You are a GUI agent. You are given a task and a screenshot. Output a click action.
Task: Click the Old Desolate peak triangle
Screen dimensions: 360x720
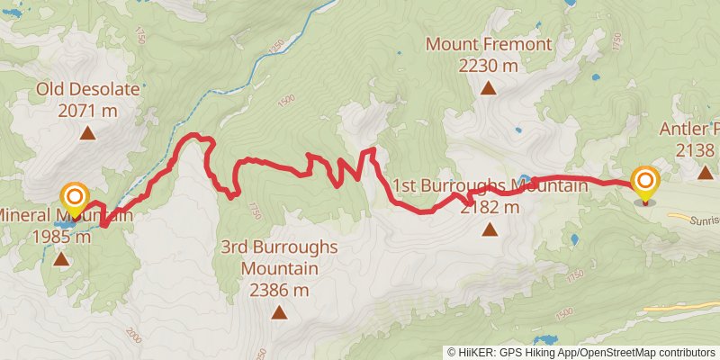click(x=88, y=134)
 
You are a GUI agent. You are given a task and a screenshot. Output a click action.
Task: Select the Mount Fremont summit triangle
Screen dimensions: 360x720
click(x=488, y=87)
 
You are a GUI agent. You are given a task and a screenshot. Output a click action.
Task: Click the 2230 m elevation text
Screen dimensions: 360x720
click(x=488, y=65)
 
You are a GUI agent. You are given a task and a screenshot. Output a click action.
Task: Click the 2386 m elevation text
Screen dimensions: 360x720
click(x=279, y=290)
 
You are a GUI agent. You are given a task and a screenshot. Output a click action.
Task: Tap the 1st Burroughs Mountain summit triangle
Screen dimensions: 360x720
click(x=490, y=229)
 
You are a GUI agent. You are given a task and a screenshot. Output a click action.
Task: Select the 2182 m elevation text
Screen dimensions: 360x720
click(x=490, y=207)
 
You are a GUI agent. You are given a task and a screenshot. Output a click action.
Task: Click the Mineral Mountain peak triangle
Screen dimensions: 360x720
click(x=60, y=259)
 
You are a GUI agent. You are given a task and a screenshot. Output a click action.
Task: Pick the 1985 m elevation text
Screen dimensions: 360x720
click(x=60, y=237)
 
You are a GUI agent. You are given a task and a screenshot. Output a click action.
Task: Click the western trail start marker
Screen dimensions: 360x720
click(x=74, y=197)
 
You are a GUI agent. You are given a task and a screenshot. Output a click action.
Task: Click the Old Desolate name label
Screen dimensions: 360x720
click(x=87, y=89)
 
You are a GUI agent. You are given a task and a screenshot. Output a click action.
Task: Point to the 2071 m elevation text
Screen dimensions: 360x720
click(x=87, y=111)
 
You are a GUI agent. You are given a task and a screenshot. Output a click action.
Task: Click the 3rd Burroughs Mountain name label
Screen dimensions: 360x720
click(x=279, y=257)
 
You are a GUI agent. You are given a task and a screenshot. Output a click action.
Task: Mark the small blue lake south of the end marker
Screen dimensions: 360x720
click(x=574, y=240)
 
